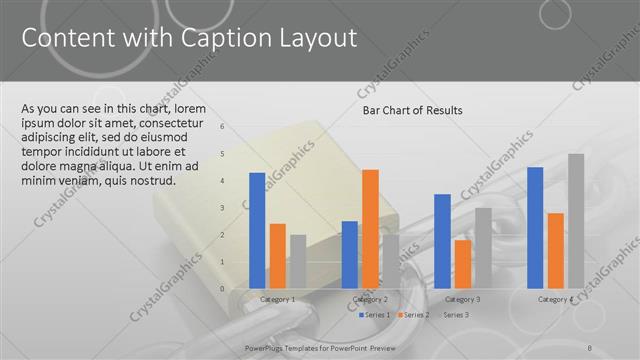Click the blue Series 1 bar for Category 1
(257, 230)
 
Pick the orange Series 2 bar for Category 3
(462, 263)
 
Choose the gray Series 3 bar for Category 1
(298, 261)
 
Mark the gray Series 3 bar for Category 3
(483, 247)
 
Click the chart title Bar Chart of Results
(412, 110)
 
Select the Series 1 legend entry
(375, 315)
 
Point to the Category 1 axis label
(277, 299)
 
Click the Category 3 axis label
(462, 299)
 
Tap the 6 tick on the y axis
(236, 127)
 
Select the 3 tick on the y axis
(236, 208)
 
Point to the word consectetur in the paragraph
(189, 123)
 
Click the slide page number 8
(590, 346)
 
